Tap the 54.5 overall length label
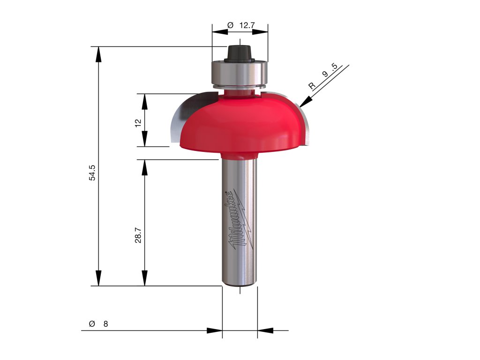coord(92,172)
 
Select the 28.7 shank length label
coord(138,235)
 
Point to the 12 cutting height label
coord(138,123)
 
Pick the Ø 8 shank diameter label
coord(98,323)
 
